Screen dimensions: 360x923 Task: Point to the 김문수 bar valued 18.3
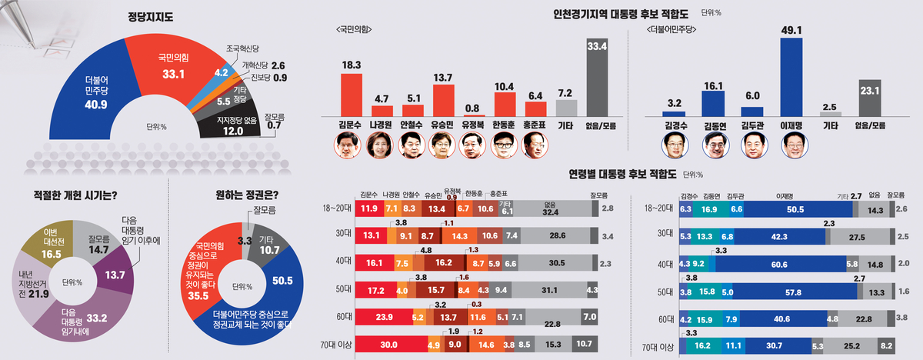point(351,94)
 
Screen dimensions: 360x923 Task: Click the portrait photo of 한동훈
point(503,145)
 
